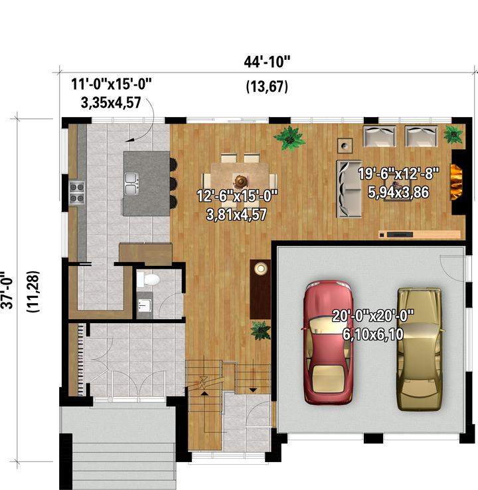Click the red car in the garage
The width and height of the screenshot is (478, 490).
click(328, 342)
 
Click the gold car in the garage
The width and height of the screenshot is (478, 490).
click(420, 349)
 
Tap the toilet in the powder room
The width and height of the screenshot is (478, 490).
click(149, 280)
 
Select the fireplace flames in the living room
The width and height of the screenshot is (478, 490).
click(456, 182)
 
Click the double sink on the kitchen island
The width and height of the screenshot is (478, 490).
click(131, 184)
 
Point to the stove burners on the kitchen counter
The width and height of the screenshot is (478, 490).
click(77, 193)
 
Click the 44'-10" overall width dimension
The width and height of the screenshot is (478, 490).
click(267, 62)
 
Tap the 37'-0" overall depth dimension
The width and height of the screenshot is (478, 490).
click(7, 290)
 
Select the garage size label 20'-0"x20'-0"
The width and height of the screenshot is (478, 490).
click(373, 316)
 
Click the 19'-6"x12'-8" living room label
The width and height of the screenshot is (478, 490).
click(398, 174)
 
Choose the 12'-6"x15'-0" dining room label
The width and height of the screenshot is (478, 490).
click(237, 196)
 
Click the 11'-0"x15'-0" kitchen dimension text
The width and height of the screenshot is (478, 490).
click(112, 84)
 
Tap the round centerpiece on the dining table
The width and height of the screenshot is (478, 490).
click(241, 181)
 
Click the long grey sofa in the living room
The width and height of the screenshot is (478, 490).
click(349, 189)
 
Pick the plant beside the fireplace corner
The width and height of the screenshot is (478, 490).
click(453, 134)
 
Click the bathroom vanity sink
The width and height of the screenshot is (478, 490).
click(145, 305)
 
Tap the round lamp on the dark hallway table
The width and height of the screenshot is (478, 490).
click(261, 268)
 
